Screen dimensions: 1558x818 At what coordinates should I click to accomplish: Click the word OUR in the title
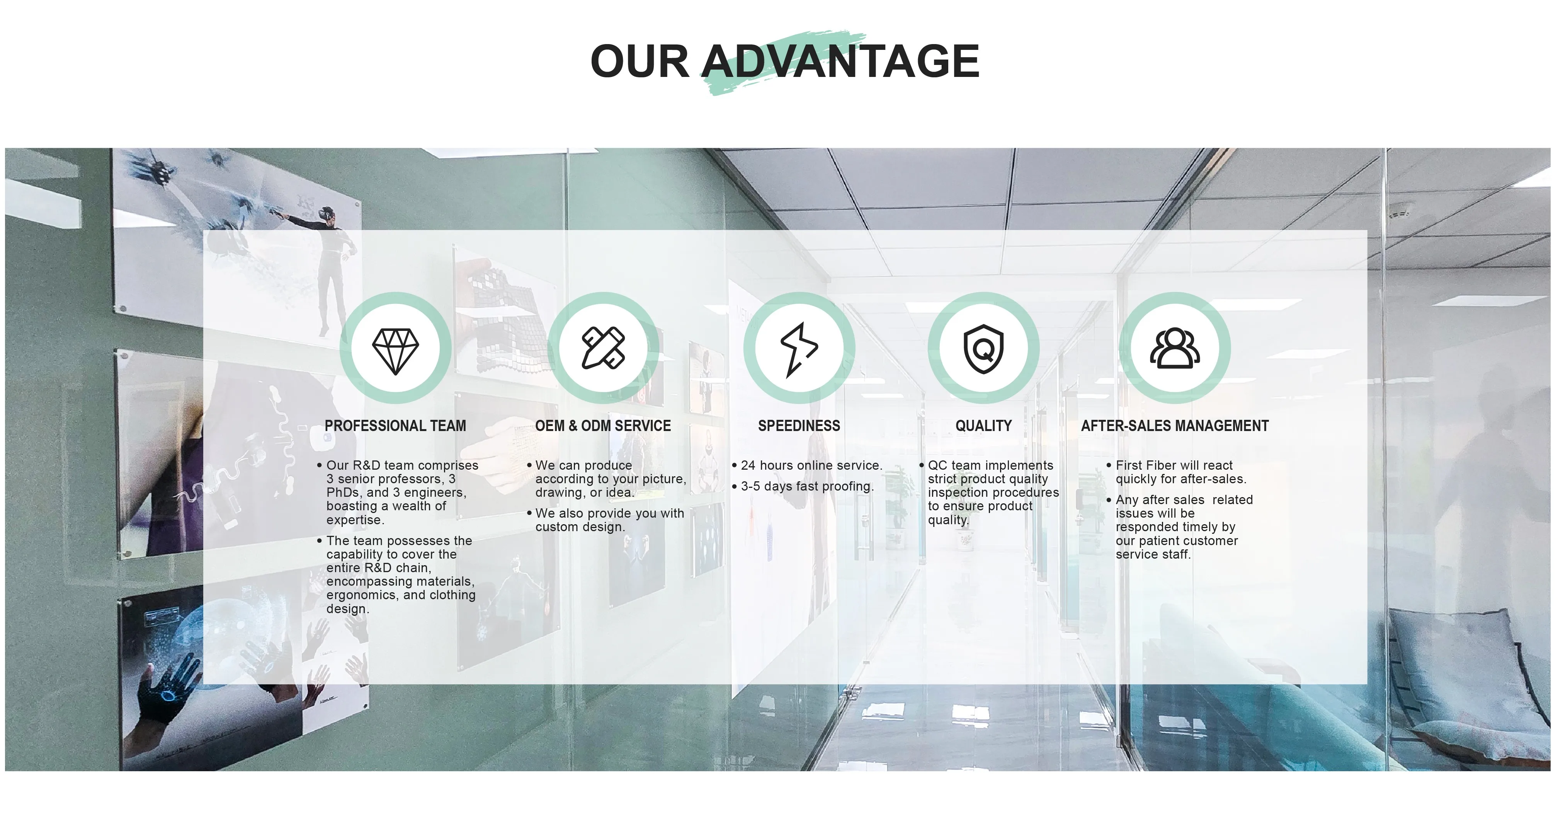coord(640,61)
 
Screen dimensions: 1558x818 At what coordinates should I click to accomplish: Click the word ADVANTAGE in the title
coord(840,61)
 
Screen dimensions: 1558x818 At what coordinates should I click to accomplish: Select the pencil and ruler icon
coord(603,348)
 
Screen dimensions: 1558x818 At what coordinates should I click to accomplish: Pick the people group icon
coord(1175,348)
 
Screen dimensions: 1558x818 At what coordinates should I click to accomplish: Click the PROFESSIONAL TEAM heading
coord(395,426)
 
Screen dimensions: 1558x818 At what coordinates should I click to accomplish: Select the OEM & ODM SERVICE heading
coord(603,426)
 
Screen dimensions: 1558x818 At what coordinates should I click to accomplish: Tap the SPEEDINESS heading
coord(799,426)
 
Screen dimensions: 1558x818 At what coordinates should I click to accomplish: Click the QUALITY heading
coord(983,426)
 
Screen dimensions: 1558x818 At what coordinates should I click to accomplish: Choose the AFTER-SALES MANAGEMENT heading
coord(1175,426)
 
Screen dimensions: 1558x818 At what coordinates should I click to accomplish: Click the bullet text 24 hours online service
coord(811,465)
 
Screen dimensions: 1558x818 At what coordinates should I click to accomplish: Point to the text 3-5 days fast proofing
coord(807,486)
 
